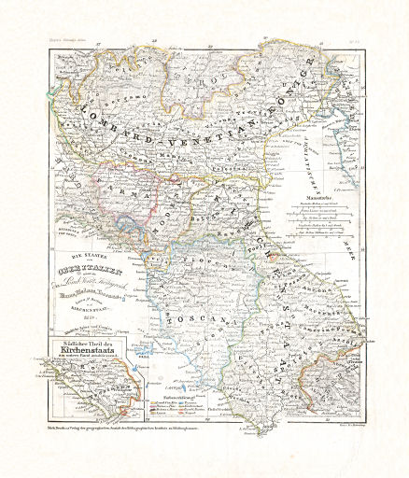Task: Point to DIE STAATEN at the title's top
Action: click(x=85, y=254)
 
